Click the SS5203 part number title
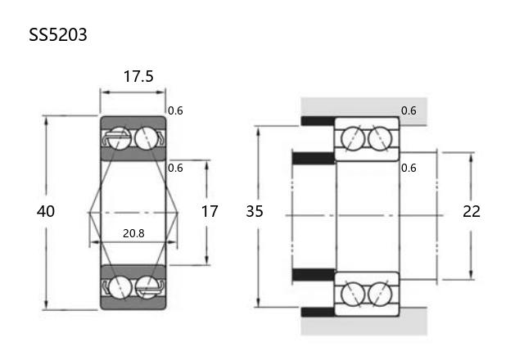pos(58,34)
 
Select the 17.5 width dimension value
pos(138,76)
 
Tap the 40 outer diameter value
pos(46,211)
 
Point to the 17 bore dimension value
pos(210,211)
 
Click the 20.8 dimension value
pos(133,233)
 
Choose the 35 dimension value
pos(255,211)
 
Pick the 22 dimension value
pos(472,211)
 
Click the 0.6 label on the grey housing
pos(409,110)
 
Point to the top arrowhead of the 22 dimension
pos(472,158)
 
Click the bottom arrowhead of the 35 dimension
pos(258,302)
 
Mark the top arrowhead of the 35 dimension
pos(258,132)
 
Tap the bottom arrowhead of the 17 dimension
pos(207,260)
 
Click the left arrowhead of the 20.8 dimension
pos(96,242)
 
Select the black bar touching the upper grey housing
pos(318,121)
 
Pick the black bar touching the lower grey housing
pos(318,312)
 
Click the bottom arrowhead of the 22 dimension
pos(472,275)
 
